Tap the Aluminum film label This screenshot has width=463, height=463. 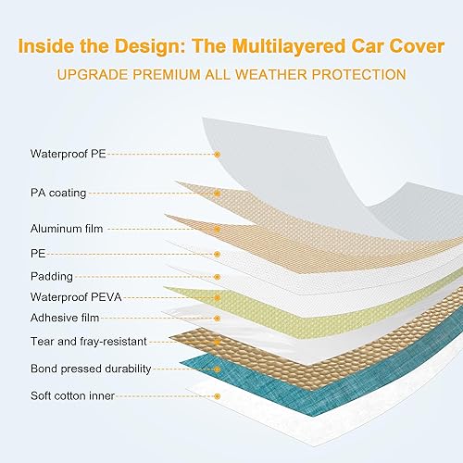coord(67,228)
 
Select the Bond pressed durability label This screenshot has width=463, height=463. coord(90,369)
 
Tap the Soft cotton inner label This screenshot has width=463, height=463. coord(71,396)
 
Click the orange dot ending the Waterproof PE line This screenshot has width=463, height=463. coord(217,155)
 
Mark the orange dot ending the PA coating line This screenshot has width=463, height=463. coord(217,194)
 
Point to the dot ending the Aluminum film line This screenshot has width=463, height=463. coord(217,229)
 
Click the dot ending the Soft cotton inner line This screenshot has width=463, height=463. coord(217,396)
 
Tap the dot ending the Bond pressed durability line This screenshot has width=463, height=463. coord(217,369)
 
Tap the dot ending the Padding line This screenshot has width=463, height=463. coord(217,276)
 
